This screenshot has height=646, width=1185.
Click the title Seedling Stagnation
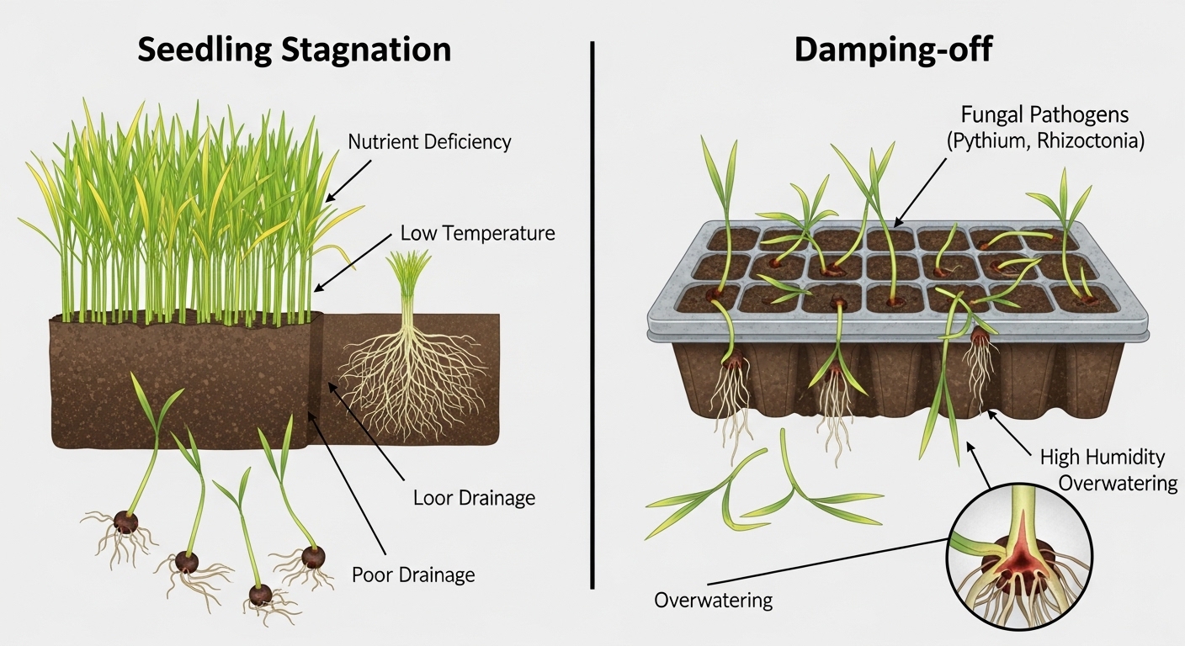point(294,50)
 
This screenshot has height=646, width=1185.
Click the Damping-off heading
point(893,50)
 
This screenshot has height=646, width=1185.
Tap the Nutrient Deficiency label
point(429,141)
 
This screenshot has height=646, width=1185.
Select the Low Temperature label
point(477,233)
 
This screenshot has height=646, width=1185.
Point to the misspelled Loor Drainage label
point(474,498)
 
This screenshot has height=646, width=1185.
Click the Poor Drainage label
point(413,575)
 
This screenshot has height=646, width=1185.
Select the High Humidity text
point(1103,458)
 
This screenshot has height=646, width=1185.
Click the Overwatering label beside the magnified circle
point(713,601)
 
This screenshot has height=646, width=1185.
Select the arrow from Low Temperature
point(354,261)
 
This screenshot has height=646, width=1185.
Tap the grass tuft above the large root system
point(410,278)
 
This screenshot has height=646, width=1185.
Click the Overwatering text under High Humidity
point(1118,483)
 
